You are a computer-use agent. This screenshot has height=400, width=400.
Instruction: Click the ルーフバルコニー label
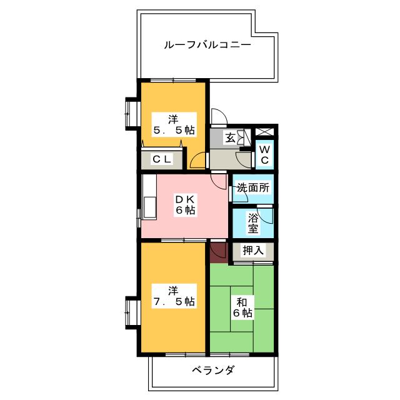[x=207, y=46]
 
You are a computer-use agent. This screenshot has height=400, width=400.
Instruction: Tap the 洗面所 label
[x=253, y=187]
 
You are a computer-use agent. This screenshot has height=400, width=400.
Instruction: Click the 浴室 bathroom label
[x=253, y=223]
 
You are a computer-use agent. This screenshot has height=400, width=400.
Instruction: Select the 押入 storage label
[x=253, y=251]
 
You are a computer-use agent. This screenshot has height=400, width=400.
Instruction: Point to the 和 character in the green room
[x=241, y=301]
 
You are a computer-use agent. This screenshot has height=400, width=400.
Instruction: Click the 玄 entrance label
[x=230, y=138]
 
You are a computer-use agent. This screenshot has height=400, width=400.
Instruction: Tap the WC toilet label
[x=264, y=154]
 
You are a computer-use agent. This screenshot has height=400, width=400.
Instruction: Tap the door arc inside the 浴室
[x=267, y=215]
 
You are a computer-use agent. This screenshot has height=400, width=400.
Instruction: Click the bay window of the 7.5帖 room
[x=132, y=312]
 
